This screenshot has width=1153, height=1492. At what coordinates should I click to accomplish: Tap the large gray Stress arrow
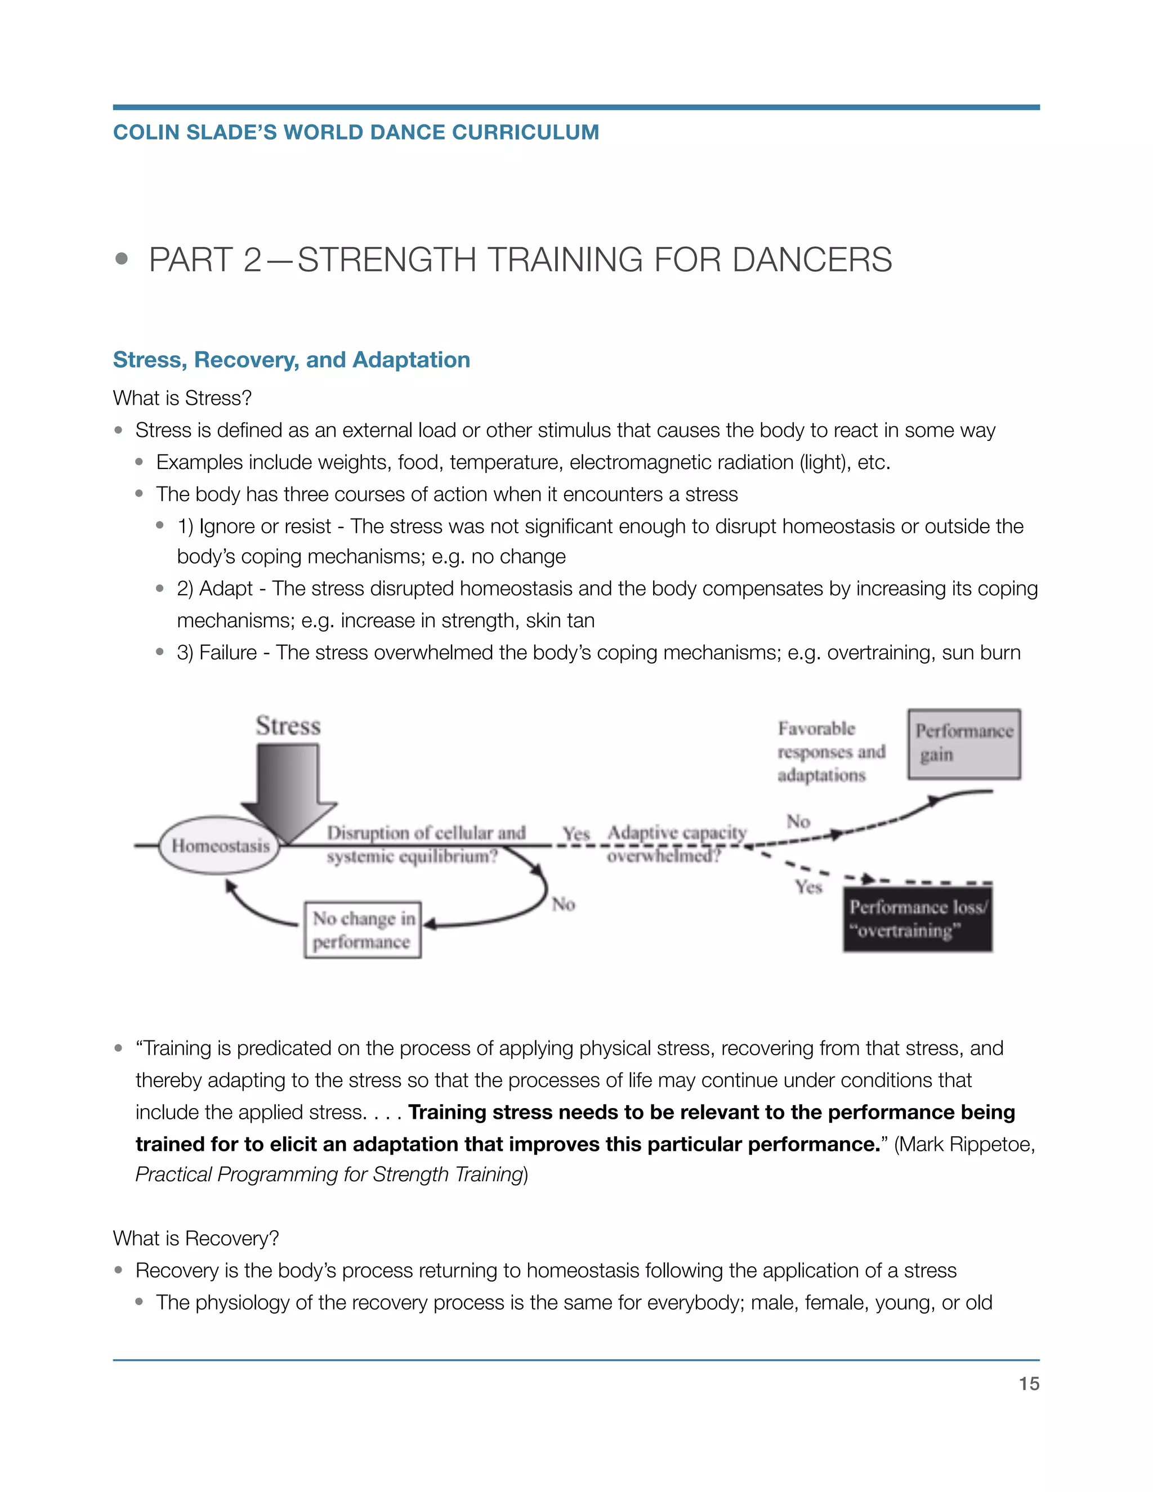click(288, 789)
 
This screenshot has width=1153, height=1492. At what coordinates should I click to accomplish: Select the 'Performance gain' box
click(964, 744)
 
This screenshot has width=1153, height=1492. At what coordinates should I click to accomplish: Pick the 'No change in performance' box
click(363, 930)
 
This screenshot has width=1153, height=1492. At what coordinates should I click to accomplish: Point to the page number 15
click(1029, 1383)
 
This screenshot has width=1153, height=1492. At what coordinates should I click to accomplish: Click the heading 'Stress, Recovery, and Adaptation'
click(291, 360)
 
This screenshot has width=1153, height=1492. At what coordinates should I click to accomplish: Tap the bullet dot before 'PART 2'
click(122, 259)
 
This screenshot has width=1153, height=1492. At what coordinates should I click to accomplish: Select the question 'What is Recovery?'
click(196, 1238)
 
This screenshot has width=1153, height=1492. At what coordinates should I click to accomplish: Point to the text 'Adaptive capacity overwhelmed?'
click(676, 844)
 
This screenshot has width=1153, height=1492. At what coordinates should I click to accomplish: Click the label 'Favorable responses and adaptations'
click(830, 752)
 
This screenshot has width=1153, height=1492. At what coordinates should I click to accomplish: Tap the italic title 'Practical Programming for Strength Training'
click(329, 1174)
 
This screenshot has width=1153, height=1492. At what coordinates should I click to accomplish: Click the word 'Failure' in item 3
click(227, 653)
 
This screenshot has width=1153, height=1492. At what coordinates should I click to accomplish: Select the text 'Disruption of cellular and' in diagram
click(426, 833)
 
